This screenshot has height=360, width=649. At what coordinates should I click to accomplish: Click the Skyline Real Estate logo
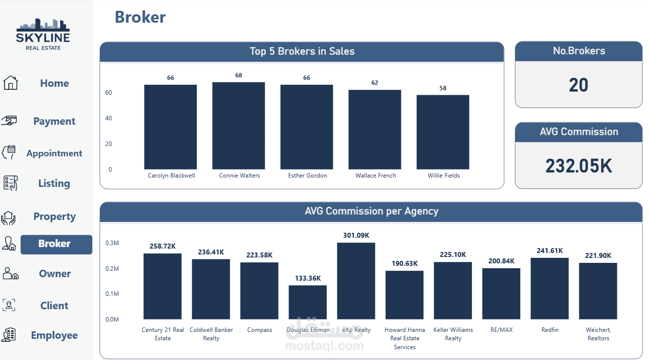(43, 34)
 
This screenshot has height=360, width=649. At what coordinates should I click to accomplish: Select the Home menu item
(54, 83)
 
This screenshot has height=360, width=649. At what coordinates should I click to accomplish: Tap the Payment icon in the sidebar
(9, 121)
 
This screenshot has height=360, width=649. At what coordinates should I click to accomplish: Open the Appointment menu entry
(54, 153)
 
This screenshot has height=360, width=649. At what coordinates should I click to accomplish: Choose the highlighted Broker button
(56, 244)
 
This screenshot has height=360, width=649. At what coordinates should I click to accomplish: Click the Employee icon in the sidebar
(9, 335)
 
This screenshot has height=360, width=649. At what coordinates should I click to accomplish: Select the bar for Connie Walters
(239, 126)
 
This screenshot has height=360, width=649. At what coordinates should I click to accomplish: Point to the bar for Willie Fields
(443, 132)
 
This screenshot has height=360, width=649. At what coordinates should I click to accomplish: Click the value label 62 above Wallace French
(375, 83)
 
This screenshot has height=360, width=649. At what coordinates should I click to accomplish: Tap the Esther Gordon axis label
(307, 176)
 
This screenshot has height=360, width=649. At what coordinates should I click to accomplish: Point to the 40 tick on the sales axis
(108, 118)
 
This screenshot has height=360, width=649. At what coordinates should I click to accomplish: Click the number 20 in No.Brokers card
(578, 85)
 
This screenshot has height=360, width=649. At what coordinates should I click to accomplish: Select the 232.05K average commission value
(578, 166)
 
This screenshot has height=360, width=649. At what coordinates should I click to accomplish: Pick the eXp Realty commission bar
(356, 281)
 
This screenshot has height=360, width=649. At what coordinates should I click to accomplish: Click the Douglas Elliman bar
(308, 302)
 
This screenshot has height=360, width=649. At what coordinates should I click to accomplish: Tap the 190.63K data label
(404, 263)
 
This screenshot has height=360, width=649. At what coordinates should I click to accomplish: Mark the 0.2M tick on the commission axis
(112, 269)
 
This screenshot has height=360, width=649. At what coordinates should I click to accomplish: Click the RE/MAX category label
(501, 330)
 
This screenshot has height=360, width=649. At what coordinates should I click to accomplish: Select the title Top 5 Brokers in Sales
(302, 51)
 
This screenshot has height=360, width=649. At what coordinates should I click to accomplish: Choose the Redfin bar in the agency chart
(549, 288)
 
